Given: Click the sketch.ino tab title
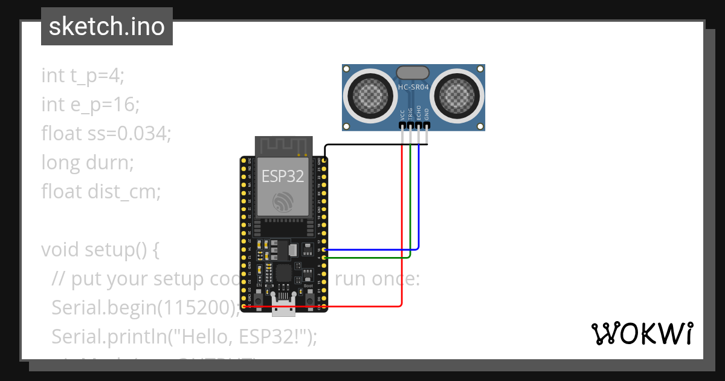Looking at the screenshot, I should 106,27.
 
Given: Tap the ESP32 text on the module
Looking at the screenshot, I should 283,176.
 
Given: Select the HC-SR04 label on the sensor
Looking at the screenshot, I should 413,88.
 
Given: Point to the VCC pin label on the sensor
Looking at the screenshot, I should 402,115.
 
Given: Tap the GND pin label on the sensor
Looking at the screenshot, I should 427,115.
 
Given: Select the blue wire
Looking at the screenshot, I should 419,200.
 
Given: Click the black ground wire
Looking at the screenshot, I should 375,145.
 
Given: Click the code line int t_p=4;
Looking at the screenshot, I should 83,76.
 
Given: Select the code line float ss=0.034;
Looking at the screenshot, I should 106,134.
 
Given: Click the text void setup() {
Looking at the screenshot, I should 100,250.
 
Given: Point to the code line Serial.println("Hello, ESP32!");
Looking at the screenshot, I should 184,336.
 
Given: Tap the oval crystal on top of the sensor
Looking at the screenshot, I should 413,73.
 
